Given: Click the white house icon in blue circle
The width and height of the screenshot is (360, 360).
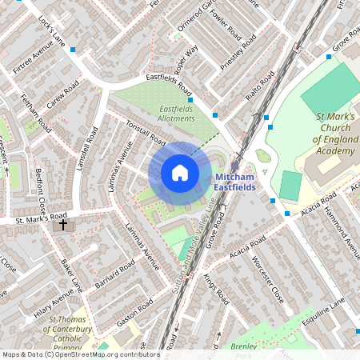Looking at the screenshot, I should tap(179, 173).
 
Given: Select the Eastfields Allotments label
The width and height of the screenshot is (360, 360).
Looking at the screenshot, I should tap(176, 114).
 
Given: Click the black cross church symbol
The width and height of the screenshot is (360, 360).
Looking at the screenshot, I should tap(63, 226).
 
